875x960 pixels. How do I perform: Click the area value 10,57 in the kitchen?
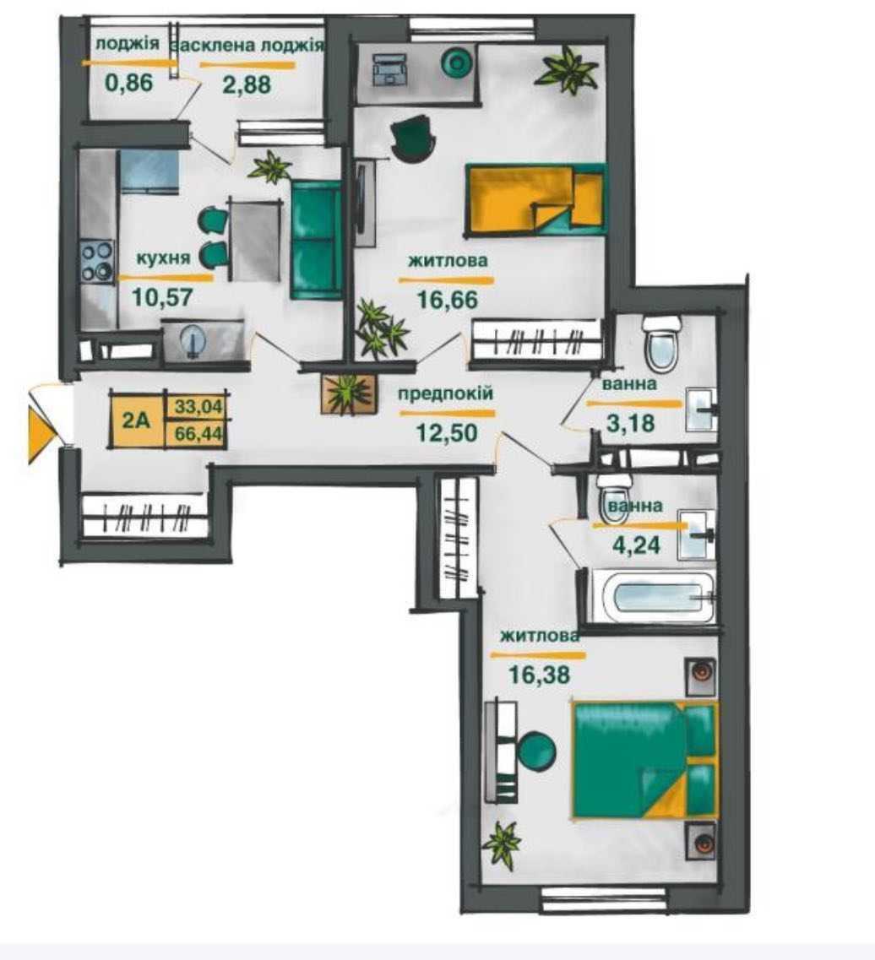(162, 297)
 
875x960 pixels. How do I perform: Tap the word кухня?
(163, 258)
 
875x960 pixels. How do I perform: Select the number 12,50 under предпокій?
(447, 433)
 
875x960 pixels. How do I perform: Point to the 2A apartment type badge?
(137, 420)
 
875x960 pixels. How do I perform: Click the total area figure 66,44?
(198, 433)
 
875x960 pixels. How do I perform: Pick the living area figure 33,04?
(198, 406)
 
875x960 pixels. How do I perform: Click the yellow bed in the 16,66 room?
(535, 198)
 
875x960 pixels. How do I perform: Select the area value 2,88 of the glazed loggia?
(246, 84)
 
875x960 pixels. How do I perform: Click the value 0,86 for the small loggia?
(128, 82)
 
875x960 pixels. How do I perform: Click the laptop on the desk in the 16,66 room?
(389, 68)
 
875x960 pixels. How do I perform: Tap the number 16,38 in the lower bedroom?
(539, 675)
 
